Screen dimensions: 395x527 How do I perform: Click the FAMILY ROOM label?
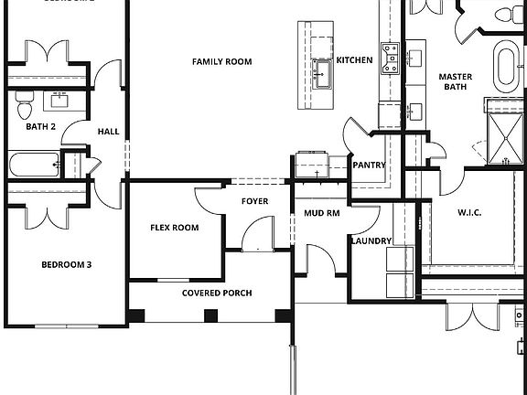point(220,62)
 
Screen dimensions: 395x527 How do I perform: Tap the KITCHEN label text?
point(354,60)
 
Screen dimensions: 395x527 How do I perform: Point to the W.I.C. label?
point(469,213)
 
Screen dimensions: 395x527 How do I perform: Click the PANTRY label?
point(369,165)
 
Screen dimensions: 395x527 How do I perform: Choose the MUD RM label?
point(321,213)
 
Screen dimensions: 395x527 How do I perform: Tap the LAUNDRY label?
point(371,241)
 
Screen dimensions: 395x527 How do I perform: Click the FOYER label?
point(254,201)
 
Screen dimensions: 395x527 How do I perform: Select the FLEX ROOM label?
point(175,228)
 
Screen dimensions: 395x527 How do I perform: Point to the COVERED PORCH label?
point(217,294)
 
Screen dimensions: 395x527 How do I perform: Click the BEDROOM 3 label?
point(67,265)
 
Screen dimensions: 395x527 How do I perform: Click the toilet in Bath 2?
point(25,109)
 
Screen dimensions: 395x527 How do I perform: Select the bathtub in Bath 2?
point(35,165)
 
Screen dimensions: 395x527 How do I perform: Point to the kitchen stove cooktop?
point(391,58)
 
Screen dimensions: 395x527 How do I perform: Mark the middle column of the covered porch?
point(210,316)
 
